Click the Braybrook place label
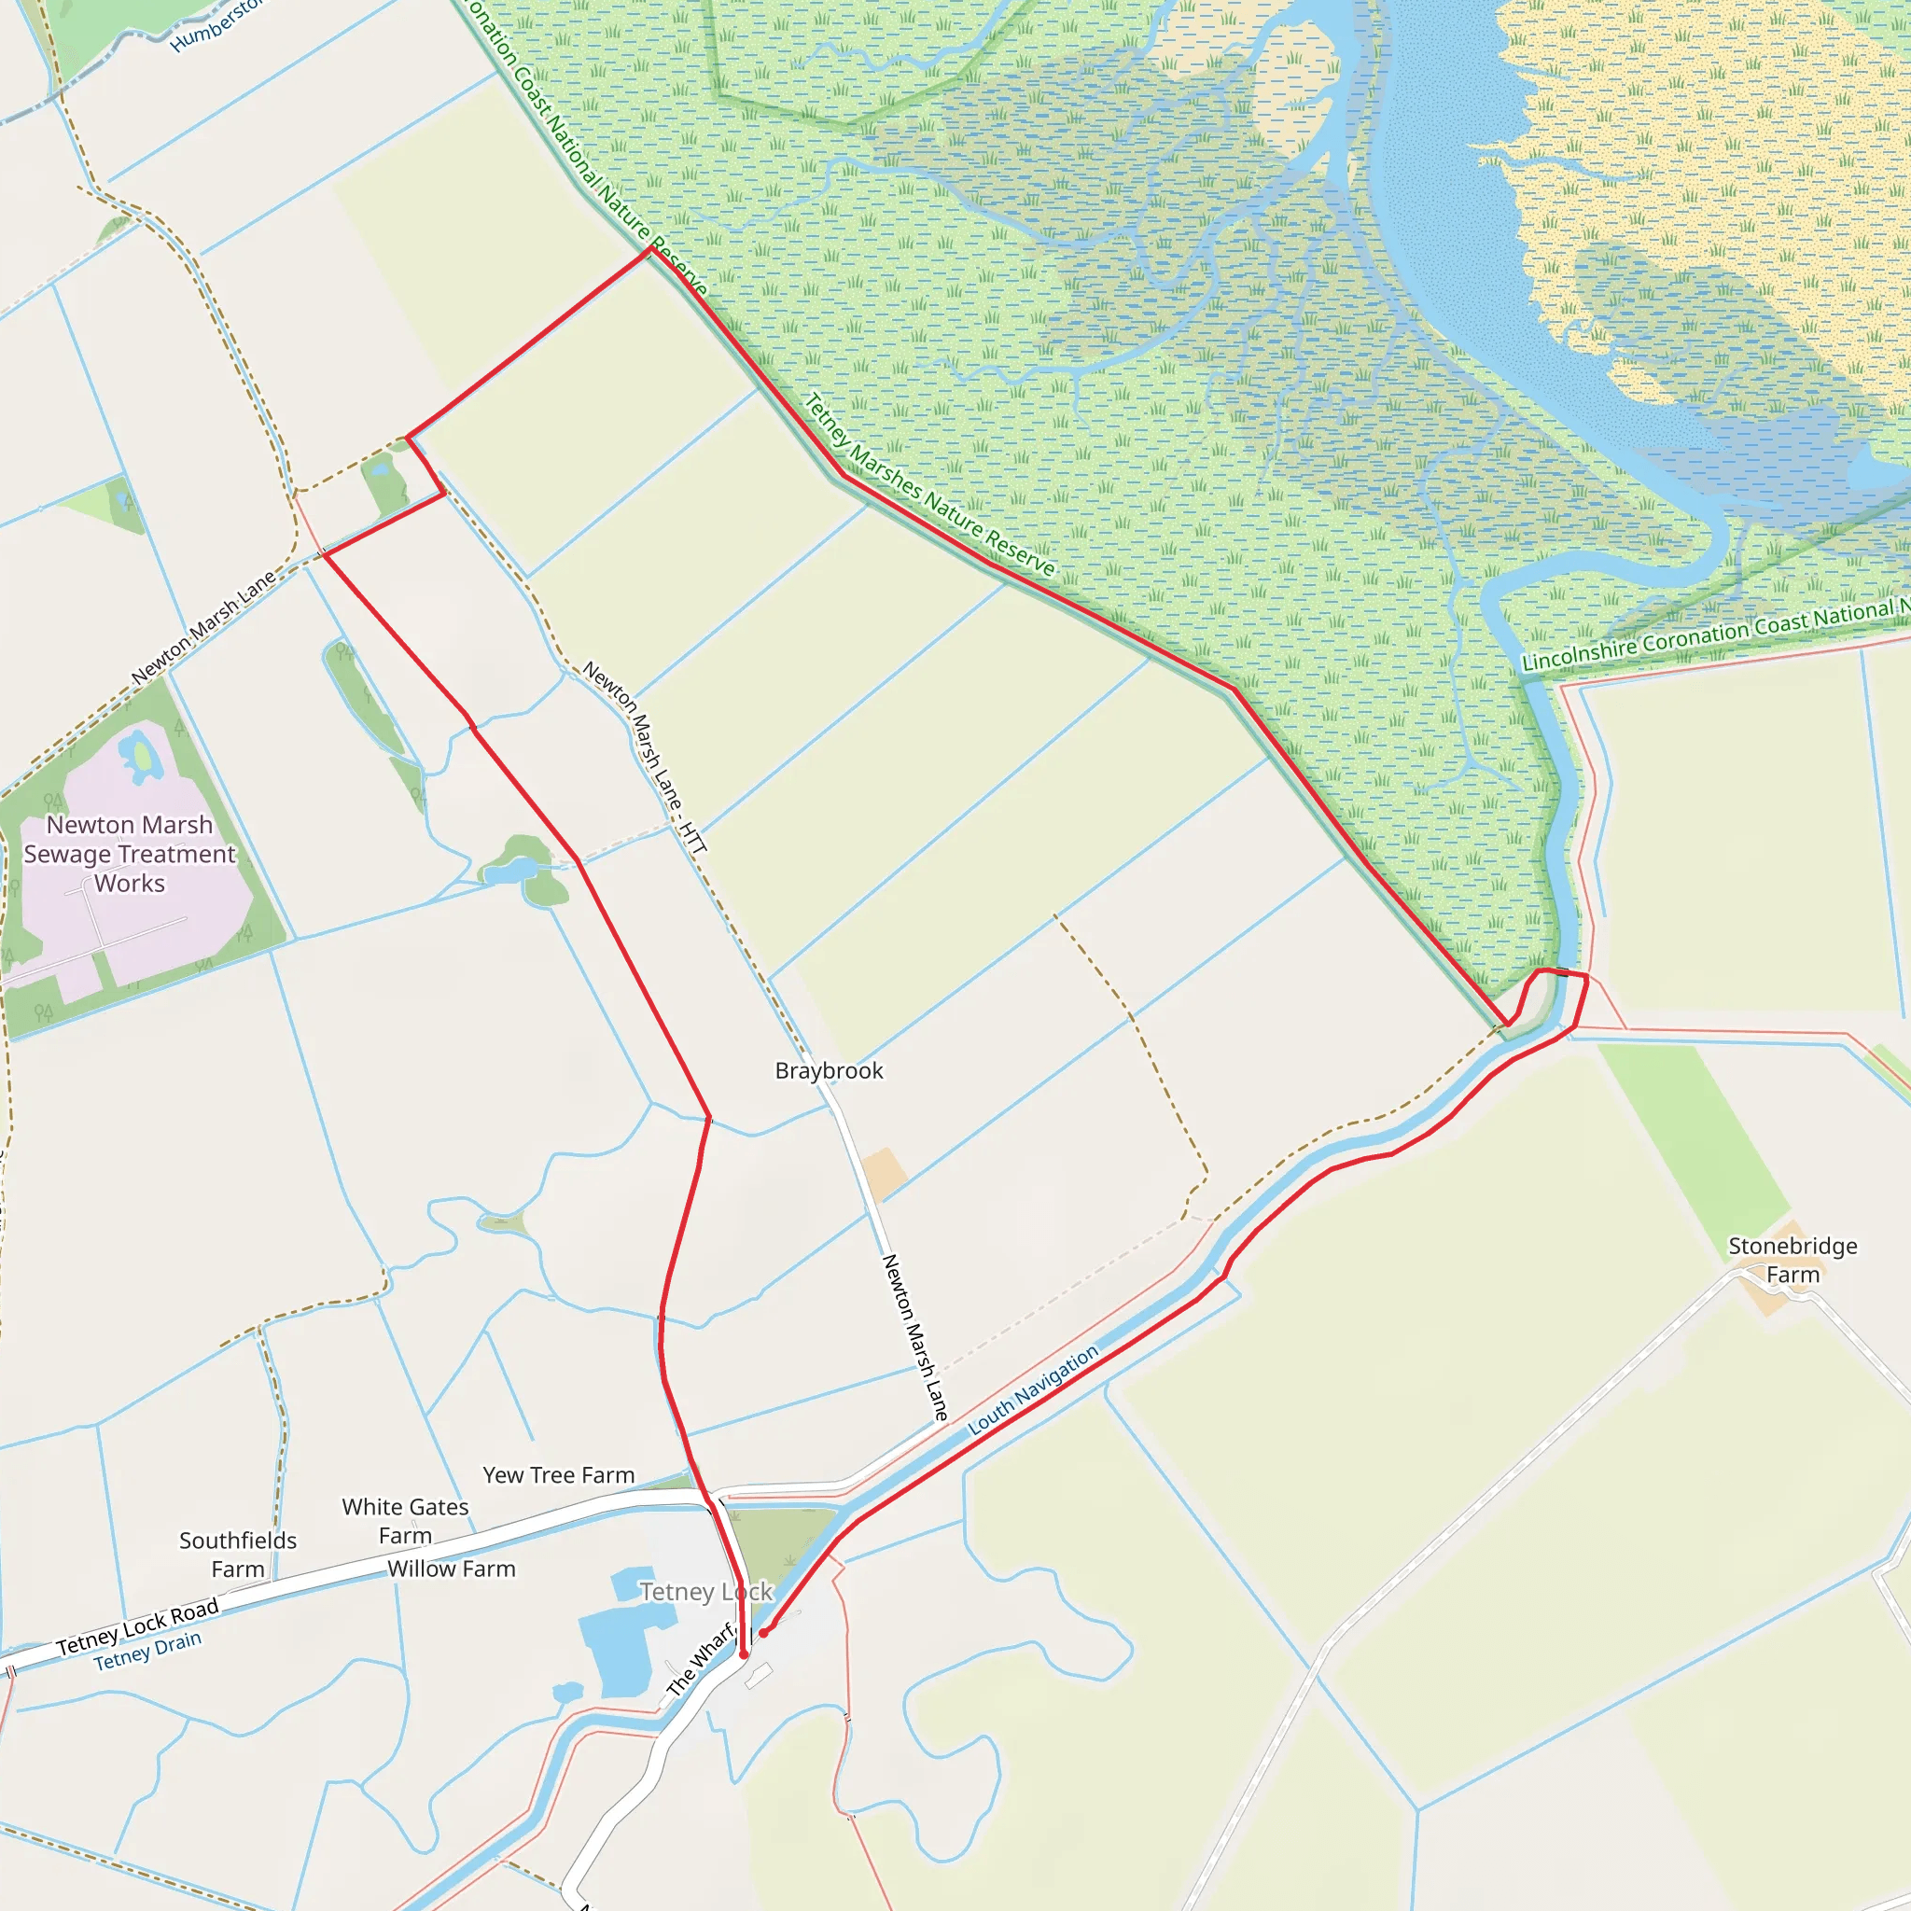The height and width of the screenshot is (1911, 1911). point(829,1070)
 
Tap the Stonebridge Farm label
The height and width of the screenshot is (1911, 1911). point(1792,1260)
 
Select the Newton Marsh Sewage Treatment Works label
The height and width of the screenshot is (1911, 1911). point(130,854)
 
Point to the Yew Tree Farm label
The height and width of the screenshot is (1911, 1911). point(559,1475)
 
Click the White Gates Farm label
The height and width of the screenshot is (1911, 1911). point(406,1521)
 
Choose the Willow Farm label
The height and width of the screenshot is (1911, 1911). point(451,1569)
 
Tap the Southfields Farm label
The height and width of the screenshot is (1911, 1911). point(237,1555)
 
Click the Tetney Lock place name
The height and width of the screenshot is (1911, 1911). point(705,1592)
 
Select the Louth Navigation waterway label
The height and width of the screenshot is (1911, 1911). point(1033,1389)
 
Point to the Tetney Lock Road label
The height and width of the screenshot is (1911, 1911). point(137,1628)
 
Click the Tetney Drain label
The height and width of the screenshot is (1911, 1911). point(147,1651)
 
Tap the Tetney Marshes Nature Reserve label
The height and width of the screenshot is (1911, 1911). point(929,485)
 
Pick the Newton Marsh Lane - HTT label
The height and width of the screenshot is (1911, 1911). point(645,757)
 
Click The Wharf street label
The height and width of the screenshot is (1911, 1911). point(701,1661)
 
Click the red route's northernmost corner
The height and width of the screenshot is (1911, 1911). point(651,248)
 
